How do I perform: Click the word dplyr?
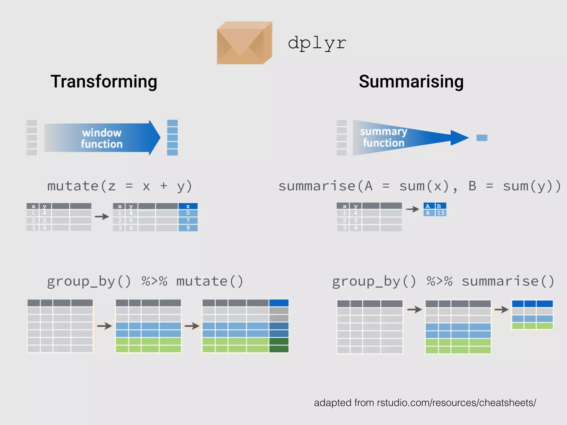tap(317, 43)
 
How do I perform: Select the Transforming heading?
tap(104, 82)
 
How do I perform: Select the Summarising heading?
tap(411, 82)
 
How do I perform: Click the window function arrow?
tap(102, 138)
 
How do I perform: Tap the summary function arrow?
tap(401, 138)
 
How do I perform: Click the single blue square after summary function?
tap(482, 138)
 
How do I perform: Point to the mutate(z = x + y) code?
tap(120, 186)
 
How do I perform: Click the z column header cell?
tap(188, 206)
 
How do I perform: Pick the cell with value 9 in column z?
tap(188, 228)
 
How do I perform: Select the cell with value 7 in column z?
tap(188, 221)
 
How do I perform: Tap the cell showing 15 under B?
tap(440, 213)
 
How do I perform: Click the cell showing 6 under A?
tap(428, 213)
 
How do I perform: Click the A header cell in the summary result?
tap(428, 206)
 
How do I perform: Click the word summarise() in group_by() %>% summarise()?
tap(508, 281)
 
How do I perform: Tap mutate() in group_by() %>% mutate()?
tap(210, 281)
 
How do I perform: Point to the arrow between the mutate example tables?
tap(102, 216)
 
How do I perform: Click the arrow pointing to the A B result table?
tap(413, 209)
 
